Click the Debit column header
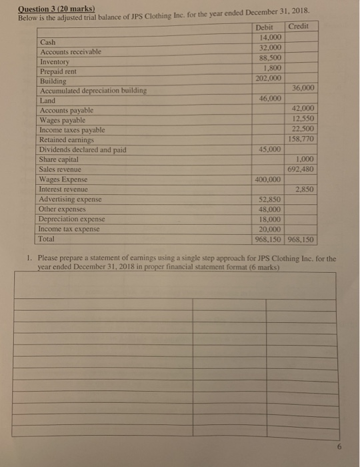pyautogui.click(x=265, y=26)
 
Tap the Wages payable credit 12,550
pyautogui.click(x=303, y=118)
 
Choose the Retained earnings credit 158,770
pyautogui.click(x=301, y=139)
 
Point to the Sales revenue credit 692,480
pyautogui.click(x=301, y=169)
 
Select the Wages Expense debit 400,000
pyautogui.click(x=267, y=179)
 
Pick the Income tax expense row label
pyautogui.click(x=69, y=228)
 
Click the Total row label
pyautogui.click(x=47, y=238)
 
